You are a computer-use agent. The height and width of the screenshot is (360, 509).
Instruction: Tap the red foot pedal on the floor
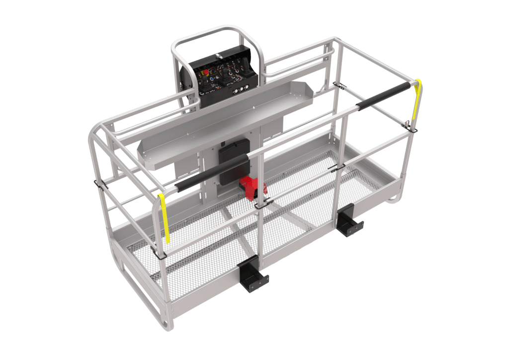tap(253, 186)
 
